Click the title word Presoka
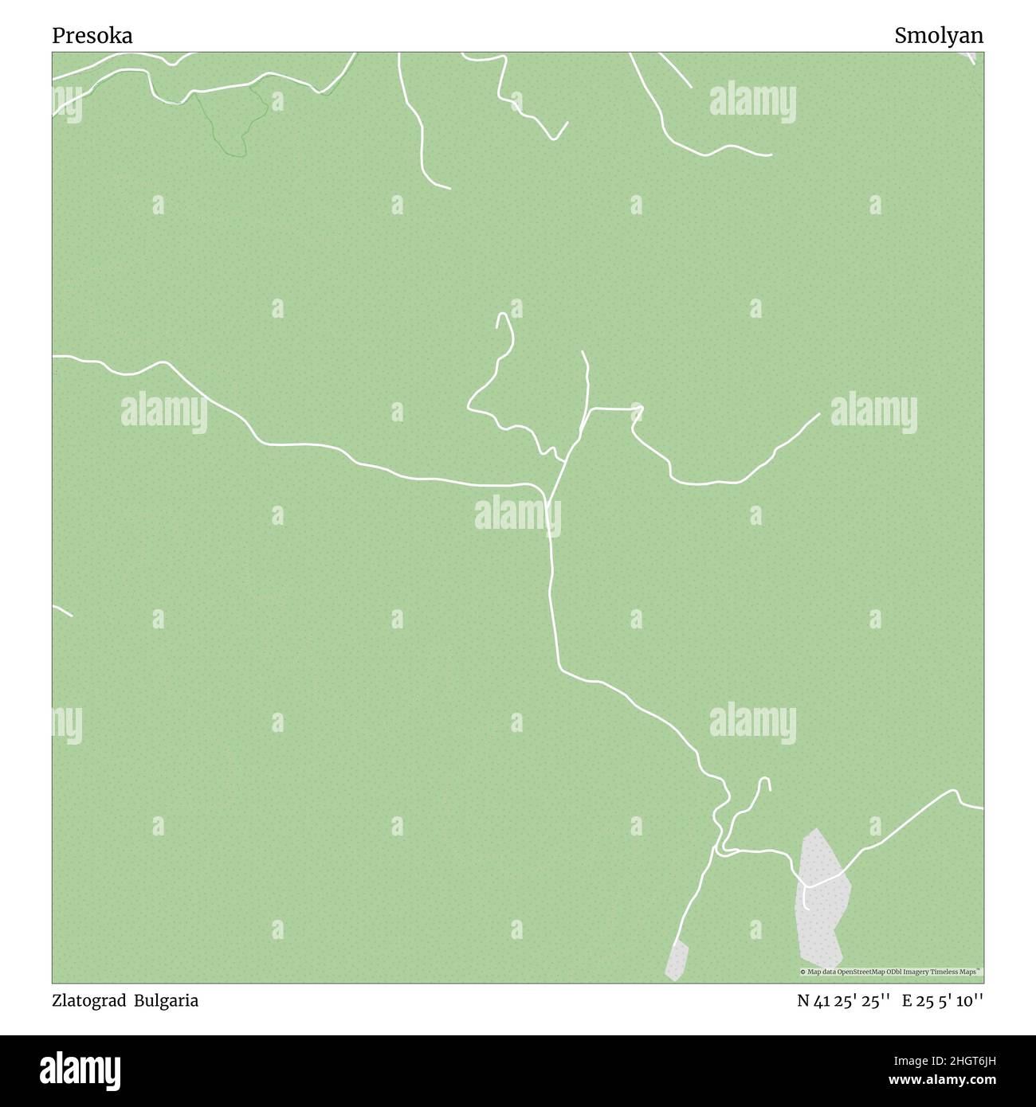(x=92, y=36)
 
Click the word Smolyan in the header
(x=938, y=36)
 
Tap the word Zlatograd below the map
(x=88, y=1001)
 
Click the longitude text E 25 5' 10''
(x=942, y=1001)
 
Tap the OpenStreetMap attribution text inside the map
(x=890, y=972)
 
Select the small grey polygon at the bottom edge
(x=677, y=960)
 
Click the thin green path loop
(x=231, y=119)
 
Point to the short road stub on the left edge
(x=62, y=611)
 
